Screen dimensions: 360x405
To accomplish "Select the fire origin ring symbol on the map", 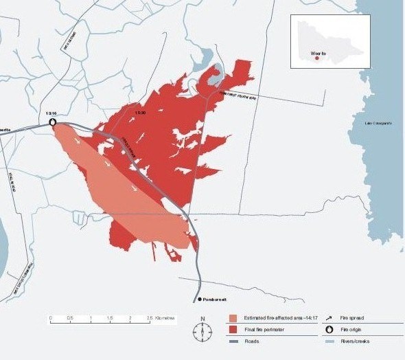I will [53, 123].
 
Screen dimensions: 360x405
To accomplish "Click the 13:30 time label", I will [141, 111].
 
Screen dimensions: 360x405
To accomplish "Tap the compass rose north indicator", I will [202, 330].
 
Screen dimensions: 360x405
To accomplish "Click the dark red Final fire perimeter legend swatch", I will [233, 329].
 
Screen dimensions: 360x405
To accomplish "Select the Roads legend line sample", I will [233, 340].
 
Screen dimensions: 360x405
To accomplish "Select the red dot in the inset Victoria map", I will [316, 58].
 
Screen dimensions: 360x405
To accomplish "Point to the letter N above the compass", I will [202, 318].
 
